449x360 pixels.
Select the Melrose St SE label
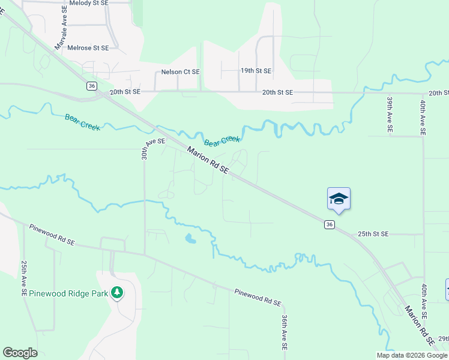click(88, 48)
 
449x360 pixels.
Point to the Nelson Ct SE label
click(180, 71)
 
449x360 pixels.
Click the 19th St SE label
click(256, 71)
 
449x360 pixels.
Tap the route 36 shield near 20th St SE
click(91, 86)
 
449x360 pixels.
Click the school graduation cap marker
click(339, 199)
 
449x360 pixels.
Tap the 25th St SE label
click(373, 233)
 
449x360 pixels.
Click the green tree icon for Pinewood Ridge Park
click(118, 293)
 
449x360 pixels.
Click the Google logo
click(20, 353)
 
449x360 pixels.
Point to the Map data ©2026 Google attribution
click(412, 355)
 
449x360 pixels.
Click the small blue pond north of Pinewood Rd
click(190, 239)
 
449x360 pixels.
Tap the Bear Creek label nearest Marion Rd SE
click(222, 141)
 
